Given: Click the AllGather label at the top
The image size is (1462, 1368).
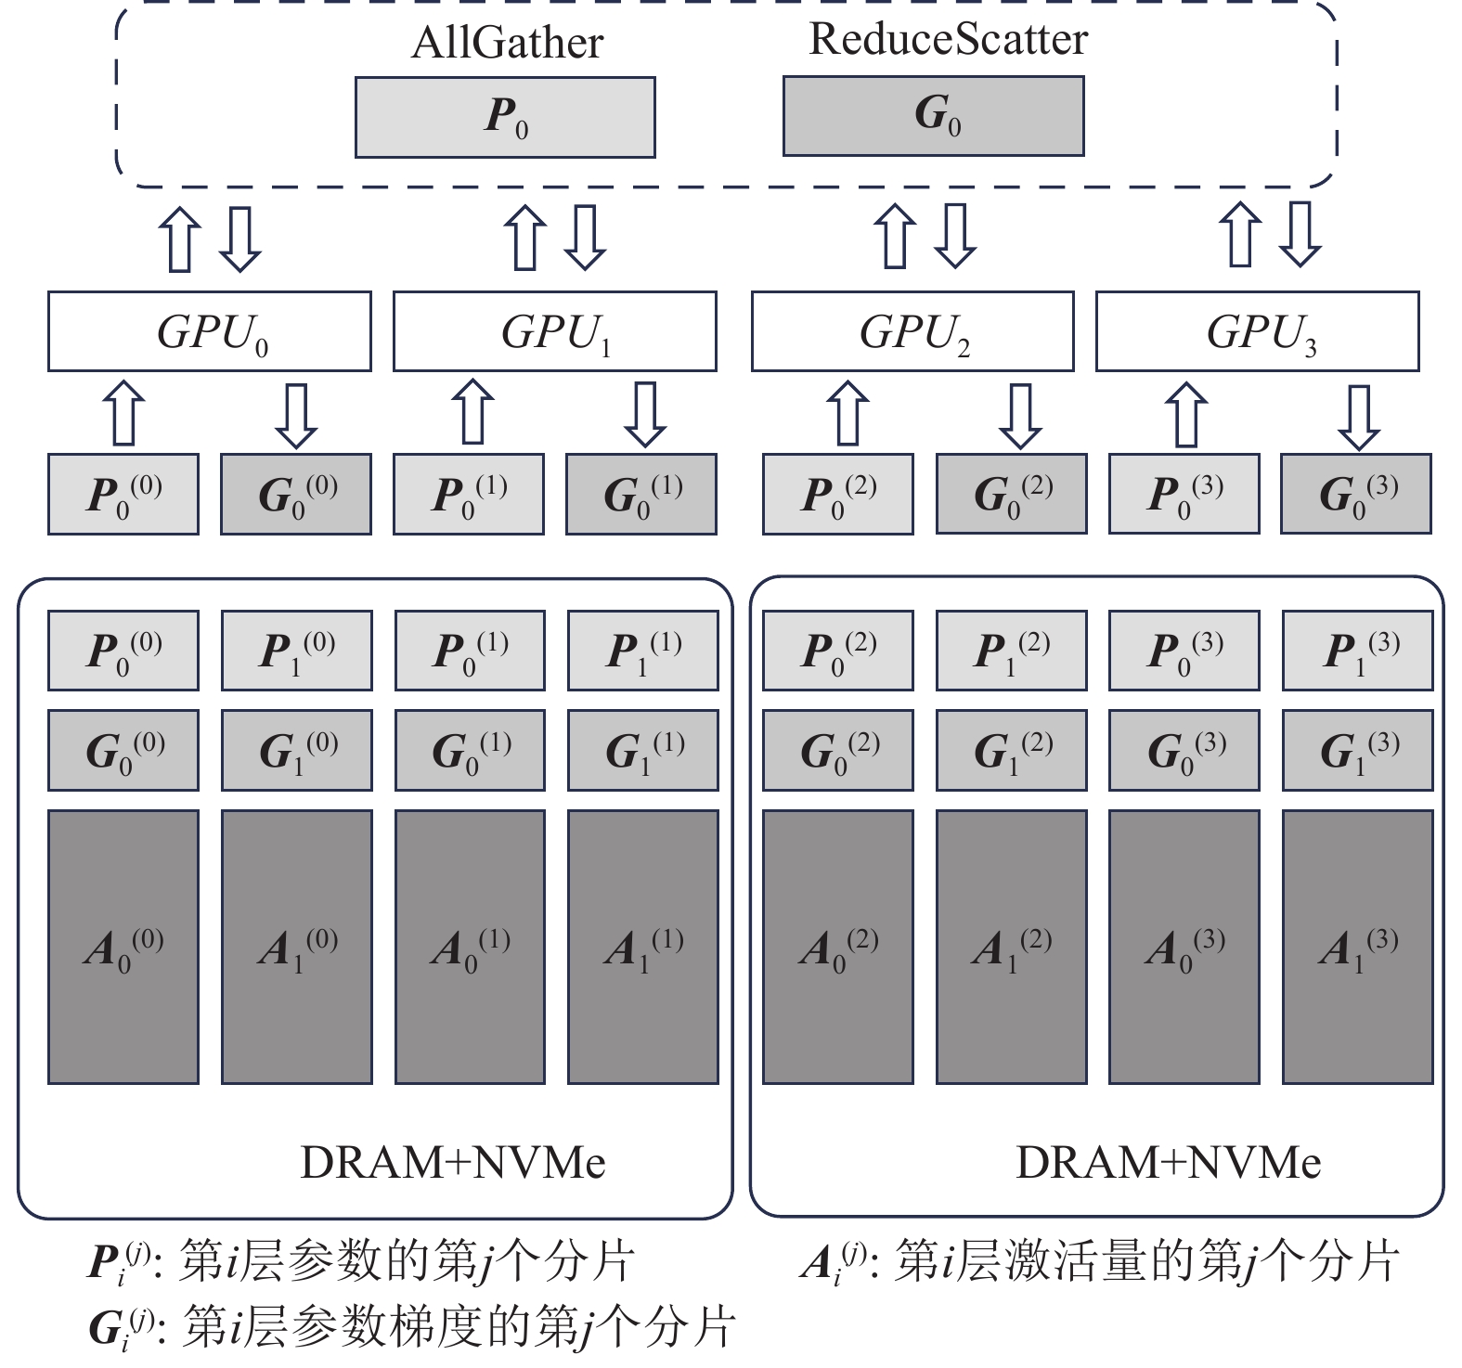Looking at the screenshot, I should coord(507,43).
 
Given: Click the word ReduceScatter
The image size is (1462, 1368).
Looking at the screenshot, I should coord(948,39).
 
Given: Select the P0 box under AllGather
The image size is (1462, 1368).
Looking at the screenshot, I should coord(505,117).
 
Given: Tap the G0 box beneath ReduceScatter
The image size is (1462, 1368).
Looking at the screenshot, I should coord(933,115).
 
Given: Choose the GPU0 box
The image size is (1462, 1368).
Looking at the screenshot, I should coord(210,331).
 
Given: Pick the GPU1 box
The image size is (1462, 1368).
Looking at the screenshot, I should coord(554,331).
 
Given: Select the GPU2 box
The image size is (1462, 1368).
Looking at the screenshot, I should coord(912,331).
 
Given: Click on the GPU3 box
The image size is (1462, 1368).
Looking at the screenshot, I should coord(1257,331).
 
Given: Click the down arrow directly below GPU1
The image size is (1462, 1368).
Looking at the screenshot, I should coord(644,414).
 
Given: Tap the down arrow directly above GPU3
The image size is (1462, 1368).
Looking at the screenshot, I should coord(1300,234).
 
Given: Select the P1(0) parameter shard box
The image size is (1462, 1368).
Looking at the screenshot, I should coord(296,651).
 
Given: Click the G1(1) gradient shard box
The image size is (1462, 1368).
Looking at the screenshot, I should coord(643,750).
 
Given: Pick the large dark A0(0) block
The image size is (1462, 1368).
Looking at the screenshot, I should coord(123,947).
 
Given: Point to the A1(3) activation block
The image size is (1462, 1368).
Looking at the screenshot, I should coord(1357,947).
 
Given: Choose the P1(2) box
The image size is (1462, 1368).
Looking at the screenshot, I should coord(1011,651).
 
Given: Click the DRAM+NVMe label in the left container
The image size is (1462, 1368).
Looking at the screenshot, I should coord(452,1162).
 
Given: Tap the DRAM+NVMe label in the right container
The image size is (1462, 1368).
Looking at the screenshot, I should coord(1168,1162).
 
